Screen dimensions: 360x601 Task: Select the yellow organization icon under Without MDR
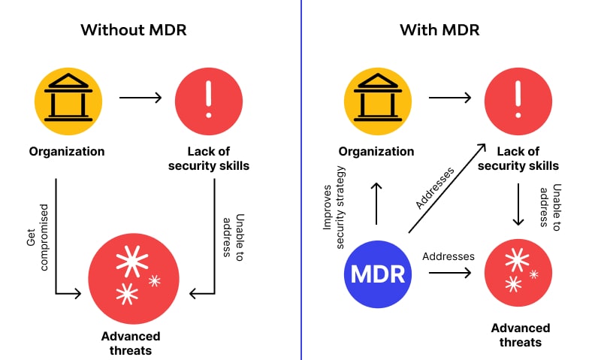tap(68, 98)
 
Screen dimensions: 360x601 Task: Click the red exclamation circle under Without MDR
tap(209, 98)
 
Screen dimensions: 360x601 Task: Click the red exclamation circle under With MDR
tap(518, 98)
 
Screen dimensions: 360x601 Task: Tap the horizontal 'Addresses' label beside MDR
tap(448, 256)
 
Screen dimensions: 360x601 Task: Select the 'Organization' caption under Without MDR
tap(67, 152)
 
